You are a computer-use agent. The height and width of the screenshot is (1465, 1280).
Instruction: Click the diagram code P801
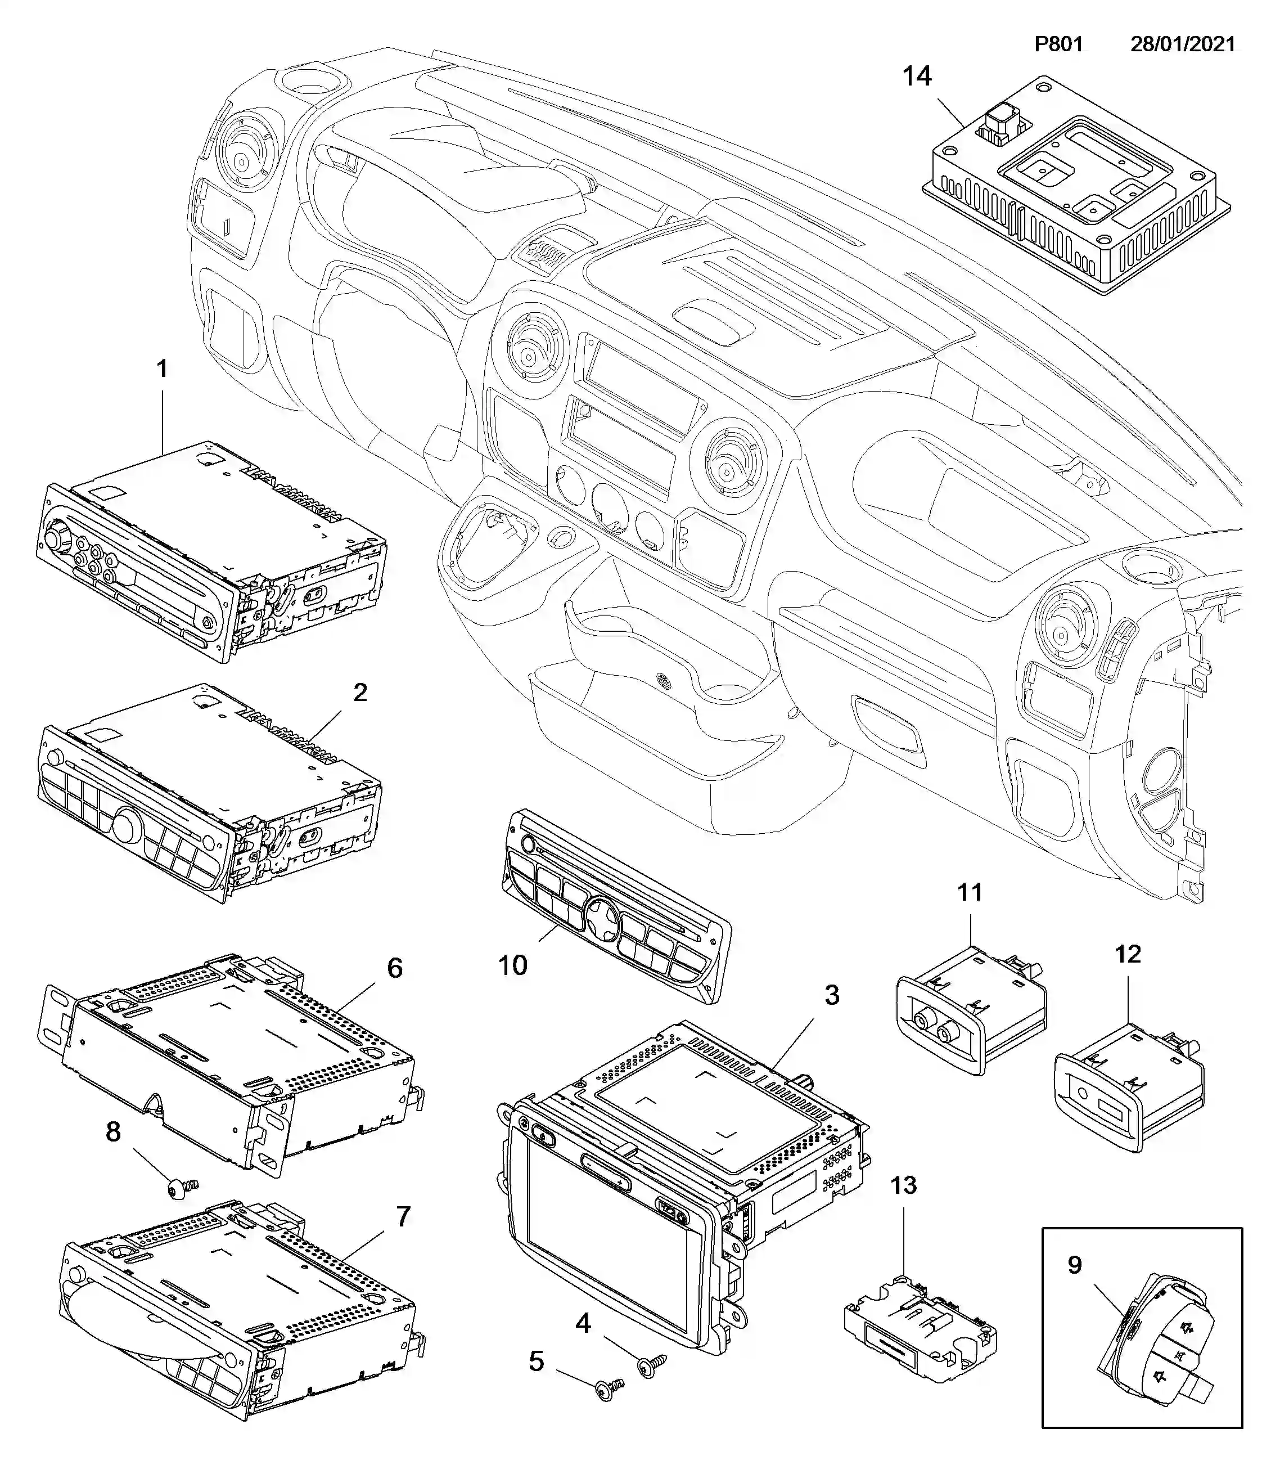(x=1058, y=44)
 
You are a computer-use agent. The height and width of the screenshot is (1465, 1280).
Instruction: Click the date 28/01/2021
(x=1182, y=44)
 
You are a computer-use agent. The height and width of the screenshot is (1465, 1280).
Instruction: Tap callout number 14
(x=917, y=77)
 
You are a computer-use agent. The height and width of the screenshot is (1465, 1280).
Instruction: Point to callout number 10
(x=512, y=965)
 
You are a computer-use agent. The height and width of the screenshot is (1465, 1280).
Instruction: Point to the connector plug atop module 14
(x=1000, y=125)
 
